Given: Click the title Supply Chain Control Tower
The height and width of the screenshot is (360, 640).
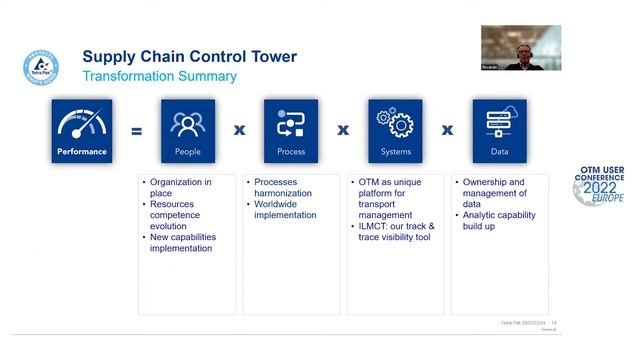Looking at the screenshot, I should (189, 56).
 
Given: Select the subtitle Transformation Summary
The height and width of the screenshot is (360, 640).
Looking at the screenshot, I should (159, 76).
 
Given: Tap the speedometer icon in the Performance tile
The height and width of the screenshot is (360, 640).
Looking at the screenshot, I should (82, 123).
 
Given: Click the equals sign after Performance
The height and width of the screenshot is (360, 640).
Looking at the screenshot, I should (137, 130).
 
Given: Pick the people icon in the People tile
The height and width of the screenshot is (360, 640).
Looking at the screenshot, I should (187, 123).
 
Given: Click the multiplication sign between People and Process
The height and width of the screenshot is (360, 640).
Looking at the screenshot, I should (239, 130).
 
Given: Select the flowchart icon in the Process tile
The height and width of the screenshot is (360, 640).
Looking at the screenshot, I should (291, 123).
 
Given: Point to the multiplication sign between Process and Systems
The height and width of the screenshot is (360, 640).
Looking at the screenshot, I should (343, 130).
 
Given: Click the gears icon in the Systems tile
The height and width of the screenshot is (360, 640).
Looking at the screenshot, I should (395, 123).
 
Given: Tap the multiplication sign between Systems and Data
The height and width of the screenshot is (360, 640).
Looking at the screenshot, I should (448, 130).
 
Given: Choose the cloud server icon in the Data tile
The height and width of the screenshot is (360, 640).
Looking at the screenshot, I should (499, 123).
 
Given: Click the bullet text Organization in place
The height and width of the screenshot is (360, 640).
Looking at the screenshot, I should (180, 187).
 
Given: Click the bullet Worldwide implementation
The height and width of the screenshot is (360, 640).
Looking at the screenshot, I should (285, 215).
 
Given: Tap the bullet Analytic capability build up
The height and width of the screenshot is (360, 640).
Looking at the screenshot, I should (499, 220).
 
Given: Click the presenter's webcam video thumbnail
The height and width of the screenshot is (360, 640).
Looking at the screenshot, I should (520, 47).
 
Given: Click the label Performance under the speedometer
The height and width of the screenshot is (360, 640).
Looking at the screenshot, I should (82, 152).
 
